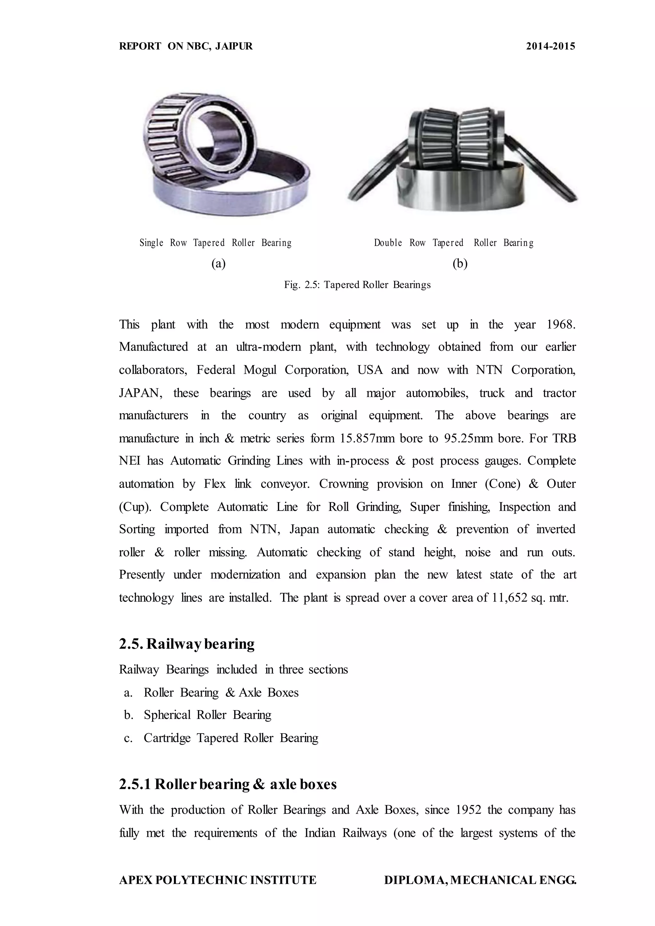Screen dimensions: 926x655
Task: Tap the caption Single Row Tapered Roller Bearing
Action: [215, 243]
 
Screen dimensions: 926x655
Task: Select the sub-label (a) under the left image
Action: [219, 264]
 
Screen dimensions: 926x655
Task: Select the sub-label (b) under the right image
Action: [460, 264]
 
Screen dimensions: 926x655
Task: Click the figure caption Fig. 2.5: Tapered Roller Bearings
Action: [357, 285]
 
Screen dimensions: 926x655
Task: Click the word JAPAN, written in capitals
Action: [140, 393]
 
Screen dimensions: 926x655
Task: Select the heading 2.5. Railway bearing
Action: [187, 644]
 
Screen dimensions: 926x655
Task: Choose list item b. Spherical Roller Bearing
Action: [198, 715]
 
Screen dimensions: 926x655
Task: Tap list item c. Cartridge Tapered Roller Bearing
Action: [221, 738]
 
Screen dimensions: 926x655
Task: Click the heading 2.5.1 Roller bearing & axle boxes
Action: [228, 784]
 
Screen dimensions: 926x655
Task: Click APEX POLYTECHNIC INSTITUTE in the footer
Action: [218, 880]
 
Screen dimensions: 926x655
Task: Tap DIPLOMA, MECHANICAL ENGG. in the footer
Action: [480, 880]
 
